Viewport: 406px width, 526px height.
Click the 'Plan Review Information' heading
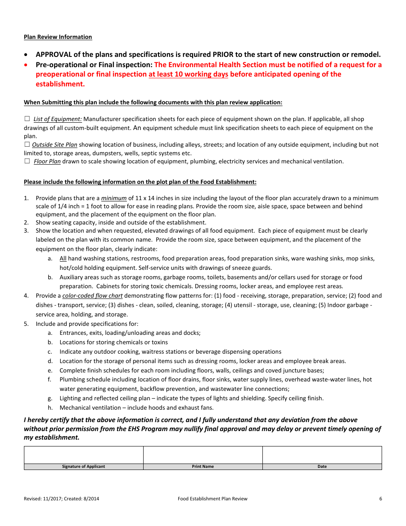click(x=58, y=37)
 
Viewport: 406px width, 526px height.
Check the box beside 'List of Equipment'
click(x=27, y=118)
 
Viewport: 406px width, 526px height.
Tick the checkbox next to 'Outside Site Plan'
click(x=27, y=145)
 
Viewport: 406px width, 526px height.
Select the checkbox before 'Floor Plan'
click(x=27, y=161)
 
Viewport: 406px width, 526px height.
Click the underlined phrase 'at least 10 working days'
click(x=188, y=74)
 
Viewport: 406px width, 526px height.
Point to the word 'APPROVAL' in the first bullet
click(x=53, y=54)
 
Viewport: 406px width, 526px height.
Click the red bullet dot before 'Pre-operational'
click(x=27, y=65)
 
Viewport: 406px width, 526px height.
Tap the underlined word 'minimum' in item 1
click(x=114, y=198)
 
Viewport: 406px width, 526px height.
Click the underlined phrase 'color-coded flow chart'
click(x=92, y=296)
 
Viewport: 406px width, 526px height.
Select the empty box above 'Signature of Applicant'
click(x=83, y=455)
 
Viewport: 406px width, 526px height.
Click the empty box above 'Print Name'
click(x=203, y=455)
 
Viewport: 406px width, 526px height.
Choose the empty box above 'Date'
click(x=322, y=455)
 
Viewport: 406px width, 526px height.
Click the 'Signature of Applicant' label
click(x=83, y=467)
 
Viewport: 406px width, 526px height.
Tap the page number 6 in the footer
click(x=380, y=499)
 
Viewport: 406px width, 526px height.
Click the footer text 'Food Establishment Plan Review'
click(x=212, y=499)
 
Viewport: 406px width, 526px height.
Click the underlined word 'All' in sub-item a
click(x=63, y=258)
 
